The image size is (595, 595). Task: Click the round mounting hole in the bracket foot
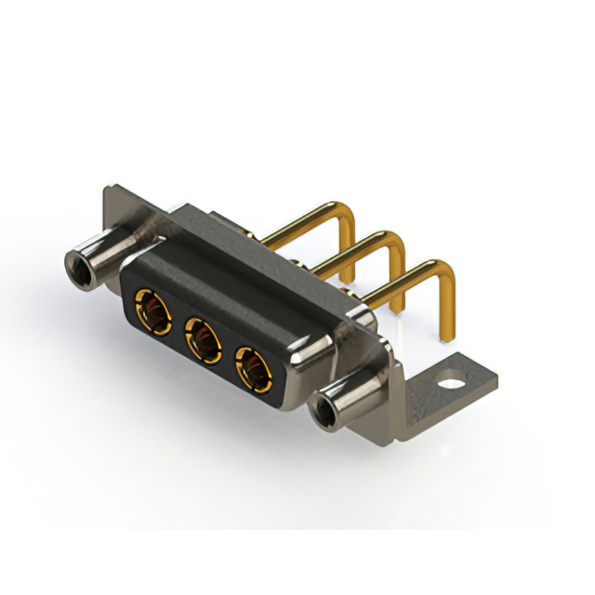click(453, 380)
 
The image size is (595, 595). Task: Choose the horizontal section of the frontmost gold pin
click(400, 283)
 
